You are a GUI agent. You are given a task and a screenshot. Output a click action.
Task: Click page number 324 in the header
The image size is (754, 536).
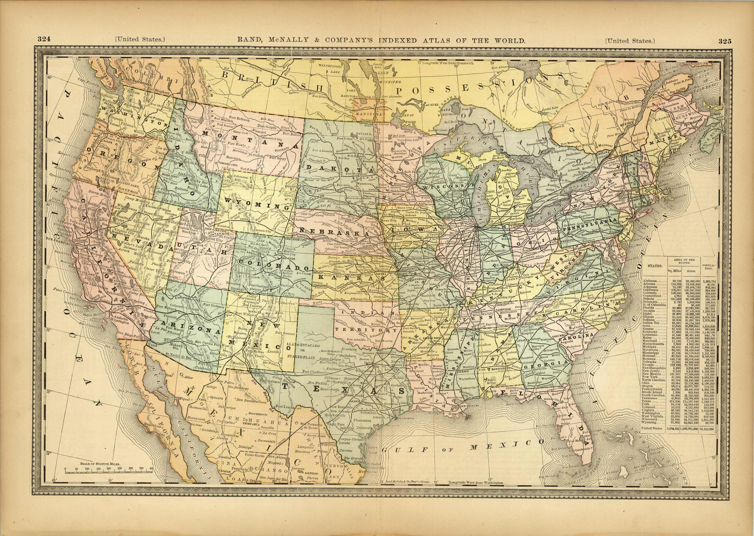[44, 39]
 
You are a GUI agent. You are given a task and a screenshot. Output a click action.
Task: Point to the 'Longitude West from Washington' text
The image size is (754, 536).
[476, 483]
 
